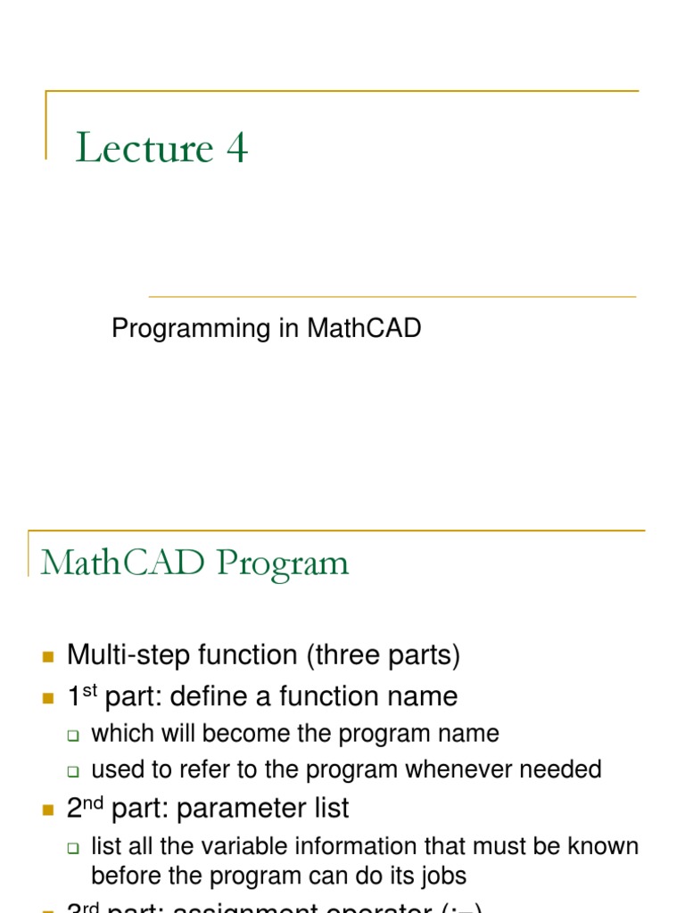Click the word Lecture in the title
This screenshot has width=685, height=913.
coord(144,148)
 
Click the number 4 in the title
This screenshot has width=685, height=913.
coord(236,148)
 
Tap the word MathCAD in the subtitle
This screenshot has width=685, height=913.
coord(364,329)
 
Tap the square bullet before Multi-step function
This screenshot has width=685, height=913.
coord(48,658)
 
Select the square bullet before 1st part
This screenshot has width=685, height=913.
coord(48,698)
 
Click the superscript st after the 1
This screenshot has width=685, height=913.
coord(89,690)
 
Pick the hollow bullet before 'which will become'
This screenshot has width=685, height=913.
coord(75,736)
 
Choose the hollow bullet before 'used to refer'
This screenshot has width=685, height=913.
coord(75,770)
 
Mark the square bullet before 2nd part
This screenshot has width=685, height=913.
coord(48,810)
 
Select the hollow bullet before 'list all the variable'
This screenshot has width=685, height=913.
coord(75,848)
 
